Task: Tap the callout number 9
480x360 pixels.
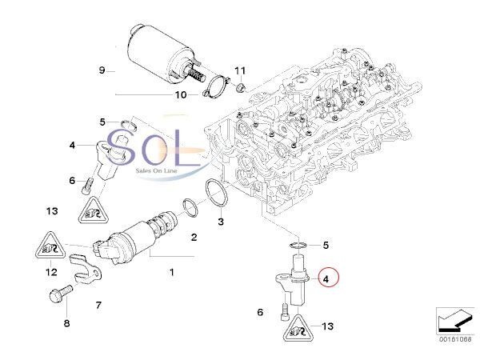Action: tap(102, 70)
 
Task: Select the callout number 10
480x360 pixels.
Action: tap(181, 94)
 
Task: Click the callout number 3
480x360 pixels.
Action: tap(221, 221)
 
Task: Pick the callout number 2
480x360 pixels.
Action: tap(194, 237)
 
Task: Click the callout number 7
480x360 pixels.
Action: tap(98, 305)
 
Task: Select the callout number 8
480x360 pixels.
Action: tap(67, 323)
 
